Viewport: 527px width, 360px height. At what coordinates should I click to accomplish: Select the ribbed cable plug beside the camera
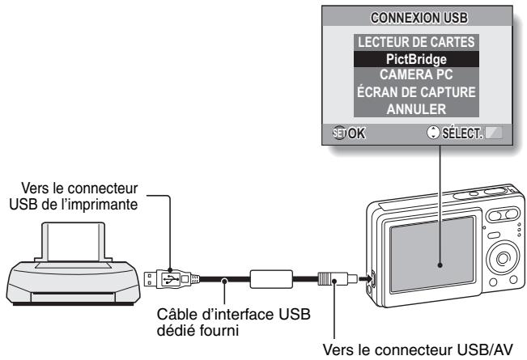click(x=329, y=280)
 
